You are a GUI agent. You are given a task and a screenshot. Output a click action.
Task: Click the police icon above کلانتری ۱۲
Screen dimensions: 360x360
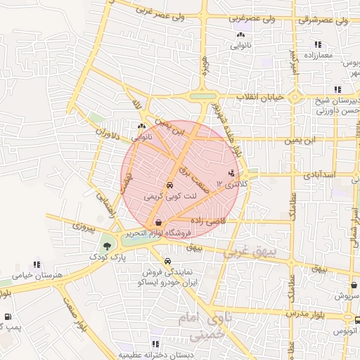coord(232,173)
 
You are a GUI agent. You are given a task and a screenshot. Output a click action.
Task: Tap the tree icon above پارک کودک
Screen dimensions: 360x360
coord(107,247)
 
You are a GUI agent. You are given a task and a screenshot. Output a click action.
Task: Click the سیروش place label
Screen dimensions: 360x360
coord(345,297)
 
